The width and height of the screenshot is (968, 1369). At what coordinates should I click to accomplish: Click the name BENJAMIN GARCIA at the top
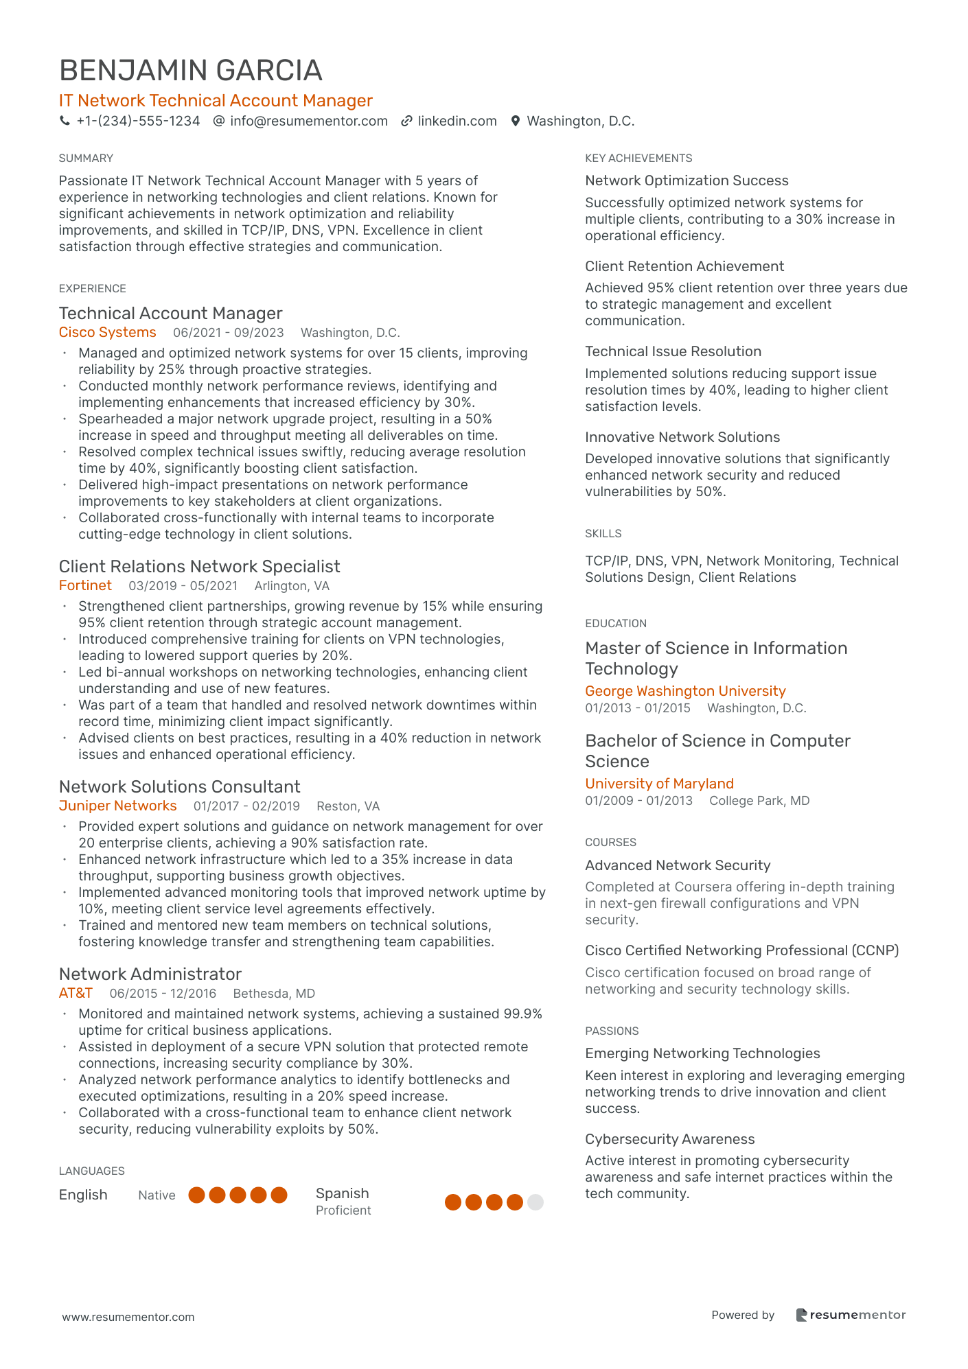tap(191, 71)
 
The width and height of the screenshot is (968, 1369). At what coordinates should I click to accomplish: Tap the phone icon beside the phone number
tap(65, 121)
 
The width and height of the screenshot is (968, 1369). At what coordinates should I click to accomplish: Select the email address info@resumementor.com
tap(309, 121)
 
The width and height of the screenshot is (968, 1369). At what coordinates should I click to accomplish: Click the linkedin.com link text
tap(457, 121)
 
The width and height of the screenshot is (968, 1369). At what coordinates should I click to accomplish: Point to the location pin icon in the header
tap(516, 121)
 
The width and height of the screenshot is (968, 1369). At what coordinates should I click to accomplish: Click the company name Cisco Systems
tap(108, 333)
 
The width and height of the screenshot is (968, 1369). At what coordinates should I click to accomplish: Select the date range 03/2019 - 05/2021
tap(183, 586)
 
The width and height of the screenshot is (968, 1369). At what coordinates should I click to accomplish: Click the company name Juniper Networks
tap(117, 806)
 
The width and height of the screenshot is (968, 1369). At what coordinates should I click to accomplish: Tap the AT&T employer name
tap(76, 994)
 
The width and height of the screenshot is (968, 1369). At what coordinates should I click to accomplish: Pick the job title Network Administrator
tap(150, 974)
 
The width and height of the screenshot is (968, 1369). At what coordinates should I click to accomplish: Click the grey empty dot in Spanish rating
tap(535, 1202)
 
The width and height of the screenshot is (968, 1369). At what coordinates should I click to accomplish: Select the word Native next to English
tap(157, 1195)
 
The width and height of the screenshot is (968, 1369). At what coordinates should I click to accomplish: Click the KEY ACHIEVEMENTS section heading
tap(638, 159)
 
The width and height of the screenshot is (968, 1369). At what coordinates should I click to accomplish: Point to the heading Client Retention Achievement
tap(684, 266)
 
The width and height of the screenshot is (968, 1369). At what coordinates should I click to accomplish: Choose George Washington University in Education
tap(685, 692)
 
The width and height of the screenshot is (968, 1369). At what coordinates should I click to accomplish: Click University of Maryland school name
tap(659, 784)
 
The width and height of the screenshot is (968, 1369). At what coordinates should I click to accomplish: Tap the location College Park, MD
tap(759, 801)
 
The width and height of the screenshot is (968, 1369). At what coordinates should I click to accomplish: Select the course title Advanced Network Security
tap(678, 866)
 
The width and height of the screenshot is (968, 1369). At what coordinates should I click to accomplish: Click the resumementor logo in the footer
tap(851, 1315)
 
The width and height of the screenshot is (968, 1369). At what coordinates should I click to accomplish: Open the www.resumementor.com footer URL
tap(128, 1318)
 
